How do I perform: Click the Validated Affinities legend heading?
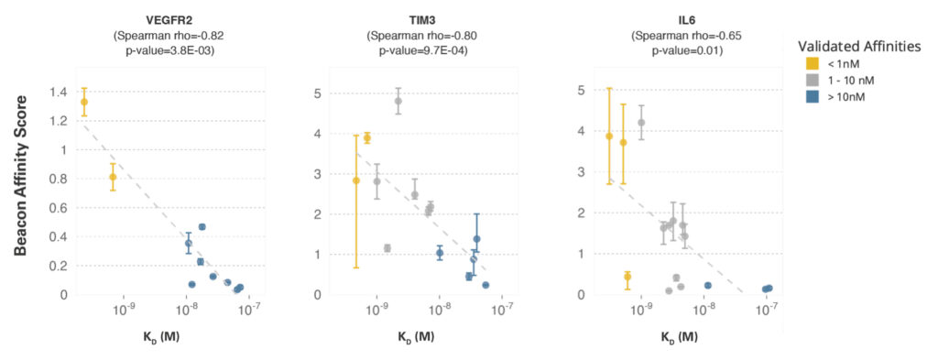[857, 47]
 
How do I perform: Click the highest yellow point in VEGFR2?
[84, 102]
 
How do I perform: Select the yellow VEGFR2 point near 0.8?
[113, 177]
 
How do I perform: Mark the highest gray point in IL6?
[641, 123]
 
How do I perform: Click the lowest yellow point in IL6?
[627, 277]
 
